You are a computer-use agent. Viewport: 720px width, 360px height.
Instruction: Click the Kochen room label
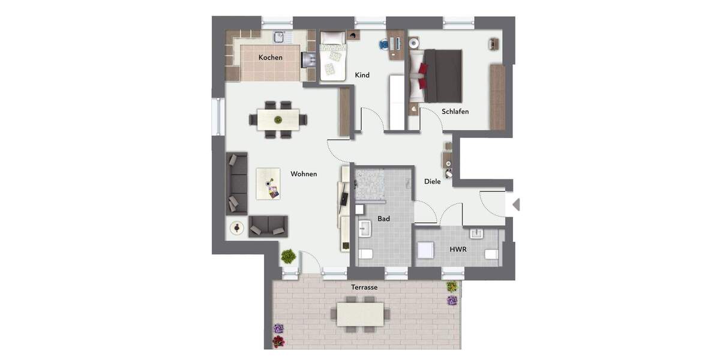pyautogui.click(x=270, y=58)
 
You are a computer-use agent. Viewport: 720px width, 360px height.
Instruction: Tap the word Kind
pyautogui.click(x=362, y=75)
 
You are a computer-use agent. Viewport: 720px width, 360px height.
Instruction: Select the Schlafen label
pyautogui.click(x=455, y=112)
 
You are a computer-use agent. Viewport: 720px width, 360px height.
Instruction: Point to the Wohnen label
pyautogui.click(x=304, y=174)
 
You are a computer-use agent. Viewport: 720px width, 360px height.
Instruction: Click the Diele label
pyautogui.click(x=432, y=181)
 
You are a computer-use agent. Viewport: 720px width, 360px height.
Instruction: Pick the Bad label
pyautogui.click(x=383, y=219)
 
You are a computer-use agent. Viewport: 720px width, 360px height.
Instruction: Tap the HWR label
pyautogui.click(x=458, y=248)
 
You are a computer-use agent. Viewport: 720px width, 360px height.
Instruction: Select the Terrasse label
pyautogui.click(x=364, y=287)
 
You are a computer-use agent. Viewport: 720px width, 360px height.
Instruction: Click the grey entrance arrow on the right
pyautogui.click(x=515, y=205)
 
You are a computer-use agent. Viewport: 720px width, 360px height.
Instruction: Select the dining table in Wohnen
pyautogui.click(x=278, y=118)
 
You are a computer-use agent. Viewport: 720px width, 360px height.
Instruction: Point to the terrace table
pyautogui.click(x=360, y=314)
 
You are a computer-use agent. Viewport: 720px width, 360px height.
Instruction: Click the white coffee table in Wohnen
pyautogui.click(x=268, y=183)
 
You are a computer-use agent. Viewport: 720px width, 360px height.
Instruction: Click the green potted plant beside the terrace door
pyautogui.click(x=289, y=256)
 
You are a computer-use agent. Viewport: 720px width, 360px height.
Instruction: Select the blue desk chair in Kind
pyautogui.click(x=384, y=44)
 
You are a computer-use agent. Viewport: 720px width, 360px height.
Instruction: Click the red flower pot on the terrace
pyautogui.click(x=278, y=341)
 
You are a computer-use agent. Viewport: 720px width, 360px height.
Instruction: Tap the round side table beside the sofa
pyautogui.click(x=238, y=227)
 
